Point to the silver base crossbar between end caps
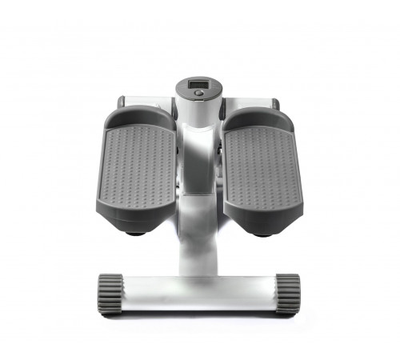(x=199, y=294)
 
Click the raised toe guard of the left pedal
(x=141, y=117)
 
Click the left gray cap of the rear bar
(x=121, y=102)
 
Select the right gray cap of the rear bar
(x=275, y=103)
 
